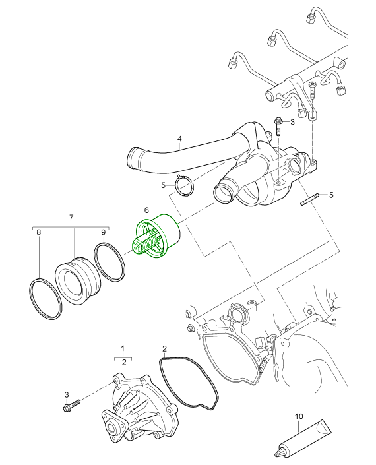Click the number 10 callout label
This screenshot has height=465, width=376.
tap(298, 417)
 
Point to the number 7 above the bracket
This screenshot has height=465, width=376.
tap(71, 217)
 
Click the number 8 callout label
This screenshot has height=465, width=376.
tap(39, 232)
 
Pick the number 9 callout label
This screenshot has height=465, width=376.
tap(104, 232)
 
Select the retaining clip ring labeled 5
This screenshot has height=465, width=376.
tap(184, 188)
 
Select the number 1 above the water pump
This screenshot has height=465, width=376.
tap(122, 347)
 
